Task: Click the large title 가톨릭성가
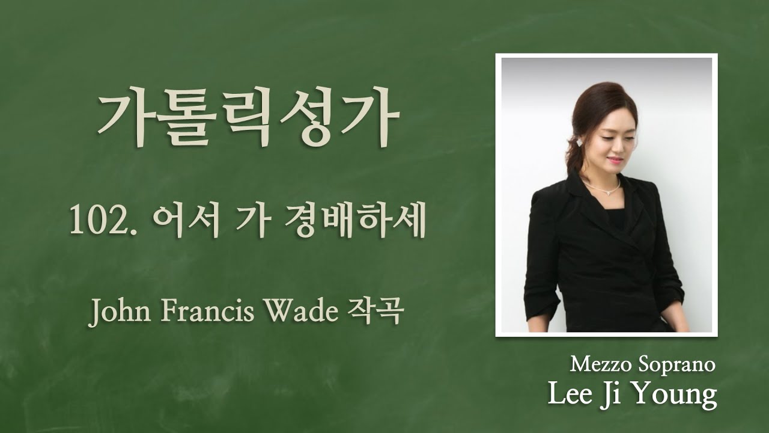click(x=248, y=123)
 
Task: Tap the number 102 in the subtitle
click(x=91, y=223)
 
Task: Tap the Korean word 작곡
click(x=374, y=312)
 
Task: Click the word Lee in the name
click(x=570, y=395)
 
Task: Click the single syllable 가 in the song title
click(x=247, y=223)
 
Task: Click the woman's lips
click(x=613, y=161)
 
